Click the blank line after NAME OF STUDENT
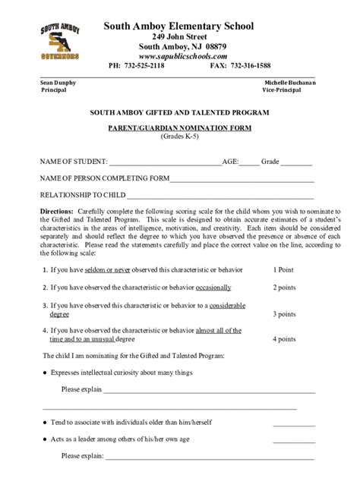(x=165, y=162)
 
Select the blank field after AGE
(x=248, y=162)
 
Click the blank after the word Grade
(x=297, y=162)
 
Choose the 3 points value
(x=285, y=313)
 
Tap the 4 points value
(x=285, y=339)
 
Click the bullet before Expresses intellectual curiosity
(x=46, y=373)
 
